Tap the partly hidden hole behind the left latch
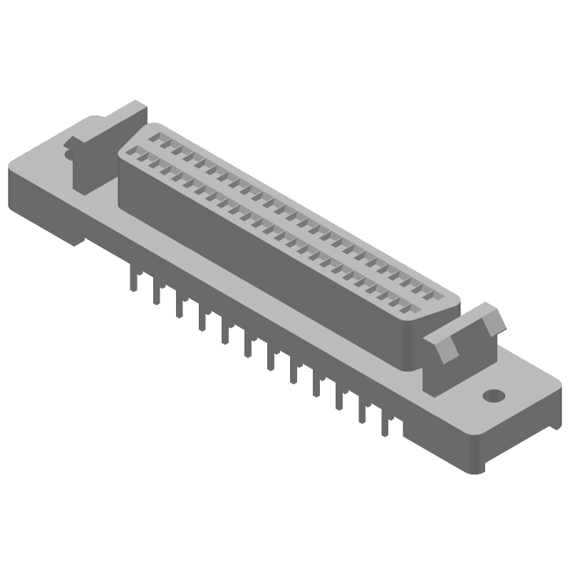click(69, 152)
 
